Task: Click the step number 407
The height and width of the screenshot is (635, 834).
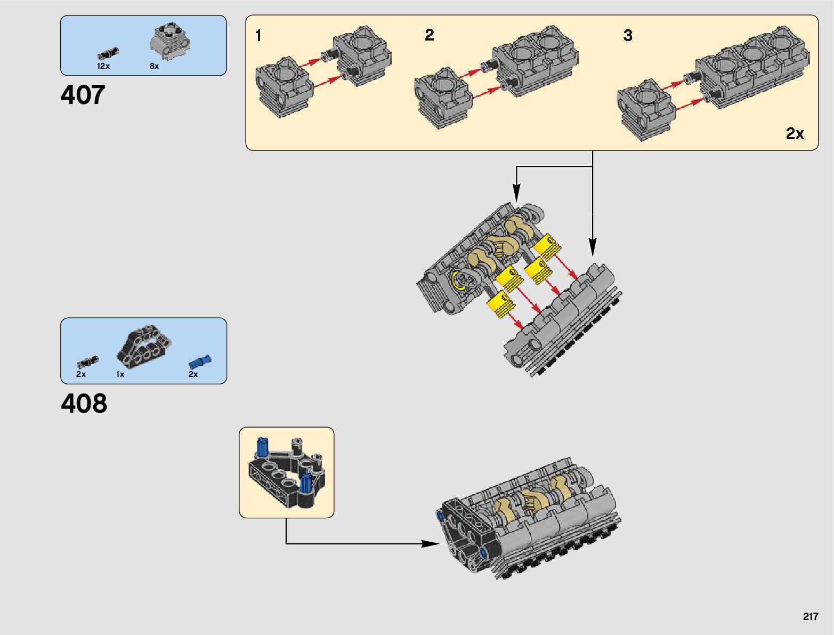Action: click(x=83, y=94)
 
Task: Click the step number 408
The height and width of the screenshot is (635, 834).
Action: click(x=84, y=403)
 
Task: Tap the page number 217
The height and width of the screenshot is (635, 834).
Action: click(x=811, y=616)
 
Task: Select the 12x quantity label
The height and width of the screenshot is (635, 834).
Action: click(x=103, y=66)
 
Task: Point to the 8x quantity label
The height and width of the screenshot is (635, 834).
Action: click(x=154, y=66)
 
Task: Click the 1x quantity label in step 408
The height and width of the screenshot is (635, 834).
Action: click(x=120, y=374)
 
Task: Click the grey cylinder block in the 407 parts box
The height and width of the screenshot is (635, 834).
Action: click(x=170, y=42)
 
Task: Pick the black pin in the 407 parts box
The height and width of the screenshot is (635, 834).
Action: click(x=108, y=54)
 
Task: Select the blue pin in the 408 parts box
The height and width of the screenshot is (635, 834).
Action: click(x=200, y=362)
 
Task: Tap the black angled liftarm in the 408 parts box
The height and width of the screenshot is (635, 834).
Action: click(x=144, y=346)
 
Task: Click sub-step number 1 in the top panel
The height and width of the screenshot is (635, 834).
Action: click(x=258, y=36)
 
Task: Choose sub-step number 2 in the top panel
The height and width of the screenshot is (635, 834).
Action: click(x=430, y=35)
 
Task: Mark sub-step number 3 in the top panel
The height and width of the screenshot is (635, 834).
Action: click(x=628, y=35)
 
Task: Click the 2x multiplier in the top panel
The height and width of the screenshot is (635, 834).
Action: click(x=795, y=133)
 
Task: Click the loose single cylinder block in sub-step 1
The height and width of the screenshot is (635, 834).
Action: click(x=284, y=87)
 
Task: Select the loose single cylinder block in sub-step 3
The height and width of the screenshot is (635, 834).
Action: click(x=646, y=110)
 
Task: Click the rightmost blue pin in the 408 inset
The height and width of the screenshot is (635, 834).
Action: click(x=305, y=484)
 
